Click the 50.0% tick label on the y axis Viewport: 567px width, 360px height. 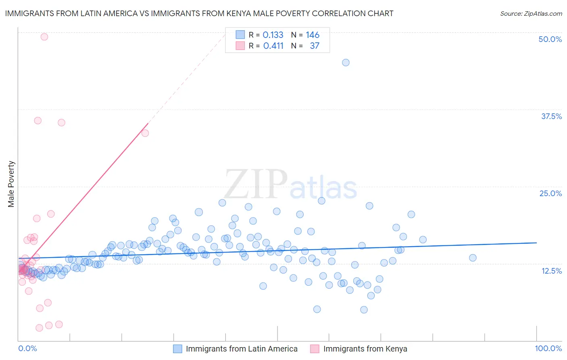tap(550, 39)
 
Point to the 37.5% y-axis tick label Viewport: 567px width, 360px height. tap(551, 116)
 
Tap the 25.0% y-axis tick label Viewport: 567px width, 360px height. tap(550, 193)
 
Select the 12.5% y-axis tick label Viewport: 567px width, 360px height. tap(551, 271)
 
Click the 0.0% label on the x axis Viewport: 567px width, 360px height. tap(27, 348)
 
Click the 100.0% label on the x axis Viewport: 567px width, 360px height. tap(548, 348)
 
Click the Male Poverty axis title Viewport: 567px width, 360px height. tap(11, 184)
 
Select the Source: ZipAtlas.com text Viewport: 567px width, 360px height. tap(531, 13)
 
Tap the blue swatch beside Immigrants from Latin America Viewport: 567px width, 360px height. tap(178, 349)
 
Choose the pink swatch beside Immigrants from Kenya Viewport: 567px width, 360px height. tap(315, 349)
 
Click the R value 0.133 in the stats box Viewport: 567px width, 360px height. tap(273, 35)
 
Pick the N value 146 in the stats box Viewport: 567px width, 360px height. tap(313, 35)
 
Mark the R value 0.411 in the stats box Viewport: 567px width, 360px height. tap(273, 46)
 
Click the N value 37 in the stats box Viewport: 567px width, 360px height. tap(315, 46)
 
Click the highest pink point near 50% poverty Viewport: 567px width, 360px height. tap(44, 37)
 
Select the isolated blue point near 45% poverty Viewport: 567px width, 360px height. tap(346, 63)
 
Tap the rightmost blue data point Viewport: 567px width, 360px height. tap(473, 257)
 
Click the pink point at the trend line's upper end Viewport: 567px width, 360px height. tap(145, 133)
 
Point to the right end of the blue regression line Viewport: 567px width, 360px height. tap(536, 243)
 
